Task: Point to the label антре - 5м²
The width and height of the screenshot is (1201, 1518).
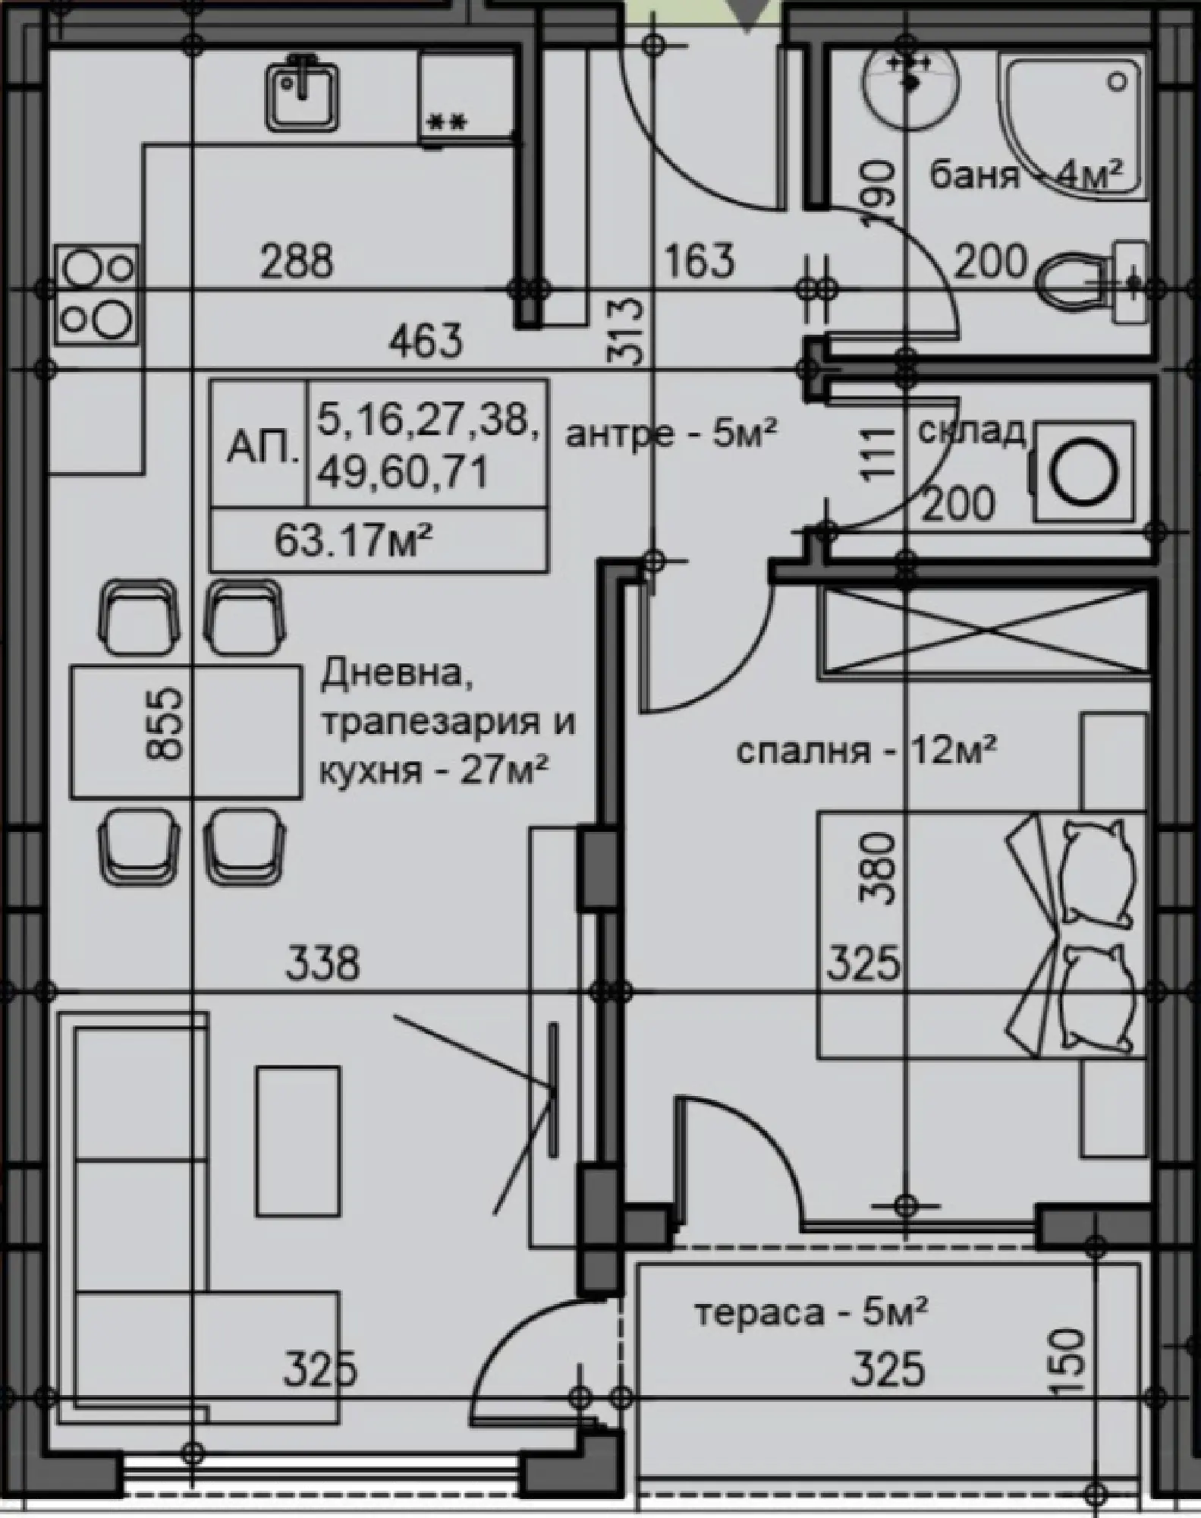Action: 672,436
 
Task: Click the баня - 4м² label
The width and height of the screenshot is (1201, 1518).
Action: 1026,176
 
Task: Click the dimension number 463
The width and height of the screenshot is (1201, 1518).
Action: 426,342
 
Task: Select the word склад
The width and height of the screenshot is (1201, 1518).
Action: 972,431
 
